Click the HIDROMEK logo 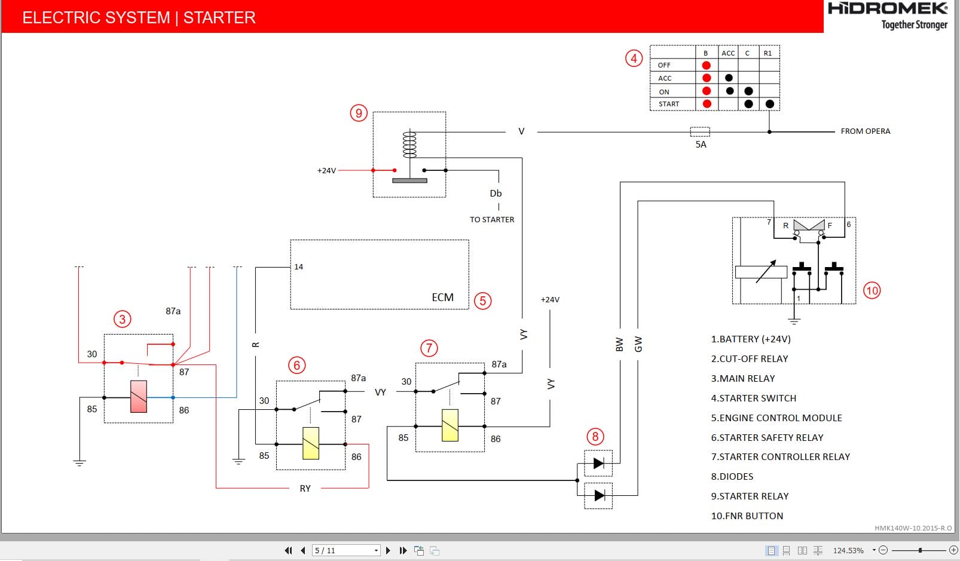[888, 8]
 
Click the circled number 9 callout [359, 113]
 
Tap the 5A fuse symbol [700, 131]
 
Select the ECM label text [442, 298]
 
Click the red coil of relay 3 [139, 397]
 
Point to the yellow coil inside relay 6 [311, 443]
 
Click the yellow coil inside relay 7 [450, 425]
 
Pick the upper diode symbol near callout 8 [598, 463]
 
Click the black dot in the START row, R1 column [770, 104]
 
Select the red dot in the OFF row [707, 65]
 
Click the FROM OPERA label [865, 131]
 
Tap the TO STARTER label [492, 220]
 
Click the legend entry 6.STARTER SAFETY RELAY [767, 438]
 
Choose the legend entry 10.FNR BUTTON [747, 516]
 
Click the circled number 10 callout [872, 291]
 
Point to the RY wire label [305, 489]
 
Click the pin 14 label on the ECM [299, 267]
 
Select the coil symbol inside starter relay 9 [409, 145]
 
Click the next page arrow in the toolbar [388, 550]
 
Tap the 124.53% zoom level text [848, 550]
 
